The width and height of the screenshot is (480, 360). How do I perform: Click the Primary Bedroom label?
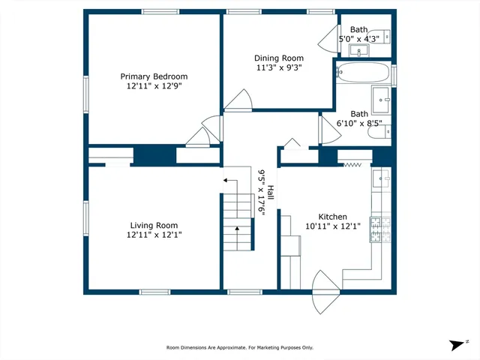click(x=154, y=76)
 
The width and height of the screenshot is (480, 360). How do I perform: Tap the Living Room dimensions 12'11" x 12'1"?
click(x=154, y=235)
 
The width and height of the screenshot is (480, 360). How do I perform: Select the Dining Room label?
click(x=279, y=58)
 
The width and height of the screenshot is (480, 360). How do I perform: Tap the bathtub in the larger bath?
click(x=363, y=73)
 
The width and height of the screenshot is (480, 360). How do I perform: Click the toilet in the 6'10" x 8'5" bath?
click(x=386, y=131)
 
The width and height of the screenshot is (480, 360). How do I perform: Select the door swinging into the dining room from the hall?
click(x=241, y=101)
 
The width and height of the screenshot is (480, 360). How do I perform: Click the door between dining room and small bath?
click(x=328, y=37)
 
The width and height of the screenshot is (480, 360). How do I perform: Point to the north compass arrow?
click(x=457, y=344)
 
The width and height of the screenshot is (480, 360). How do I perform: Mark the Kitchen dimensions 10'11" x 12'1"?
click(x=332, y=225)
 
